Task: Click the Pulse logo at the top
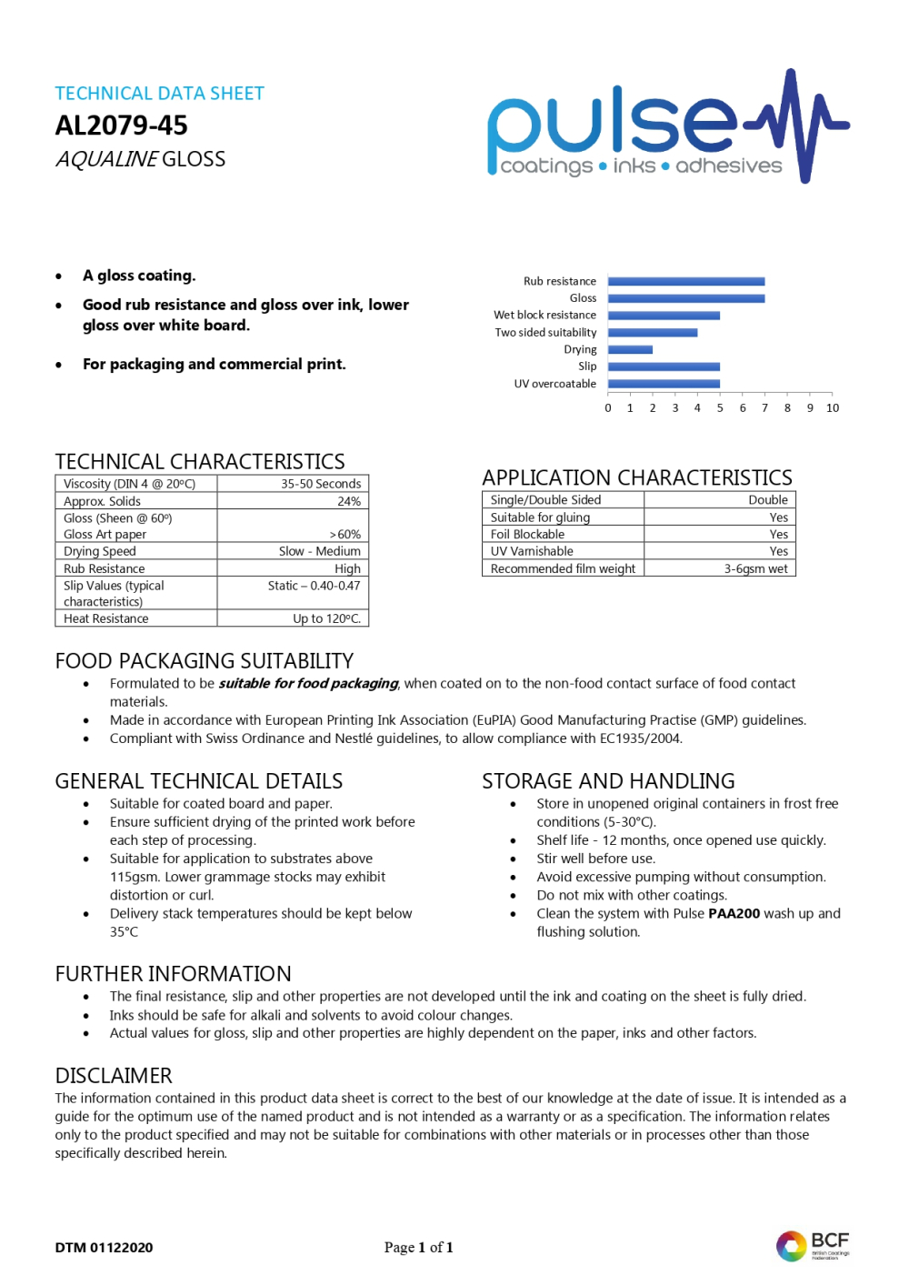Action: [668, 127]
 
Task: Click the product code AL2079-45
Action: [121, 126]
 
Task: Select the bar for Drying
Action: [630, 349]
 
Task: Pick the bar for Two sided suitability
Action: [653, 333]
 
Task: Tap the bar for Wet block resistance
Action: [664, 316]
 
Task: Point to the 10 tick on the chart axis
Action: [833, 408]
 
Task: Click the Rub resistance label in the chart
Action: [560, 282]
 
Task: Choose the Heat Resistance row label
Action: [106, 618]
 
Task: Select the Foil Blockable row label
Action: [527, 535]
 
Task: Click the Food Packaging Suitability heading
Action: [205, 661]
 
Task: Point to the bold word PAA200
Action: [734, 913]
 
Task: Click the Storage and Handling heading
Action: [608, 781]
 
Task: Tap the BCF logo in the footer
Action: [813, 1245]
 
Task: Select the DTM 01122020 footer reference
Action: [104, 1248]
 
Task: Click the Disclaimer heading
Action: [114, 1076]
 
